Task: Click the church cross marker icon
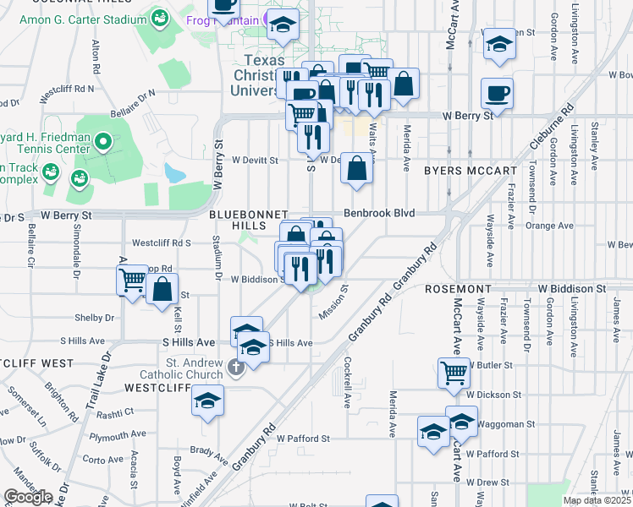234,366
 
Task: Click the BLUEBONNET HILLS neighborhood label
249,221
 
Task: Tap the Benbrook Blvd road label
378,214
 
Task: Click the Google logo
28,497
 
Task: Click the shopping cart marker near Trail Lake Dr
132,280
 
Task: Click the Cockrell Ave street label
348,383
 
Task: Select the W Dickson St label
493,395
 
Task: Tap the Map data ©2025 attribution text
597,500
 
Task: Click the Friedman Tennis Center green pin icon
104,141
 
